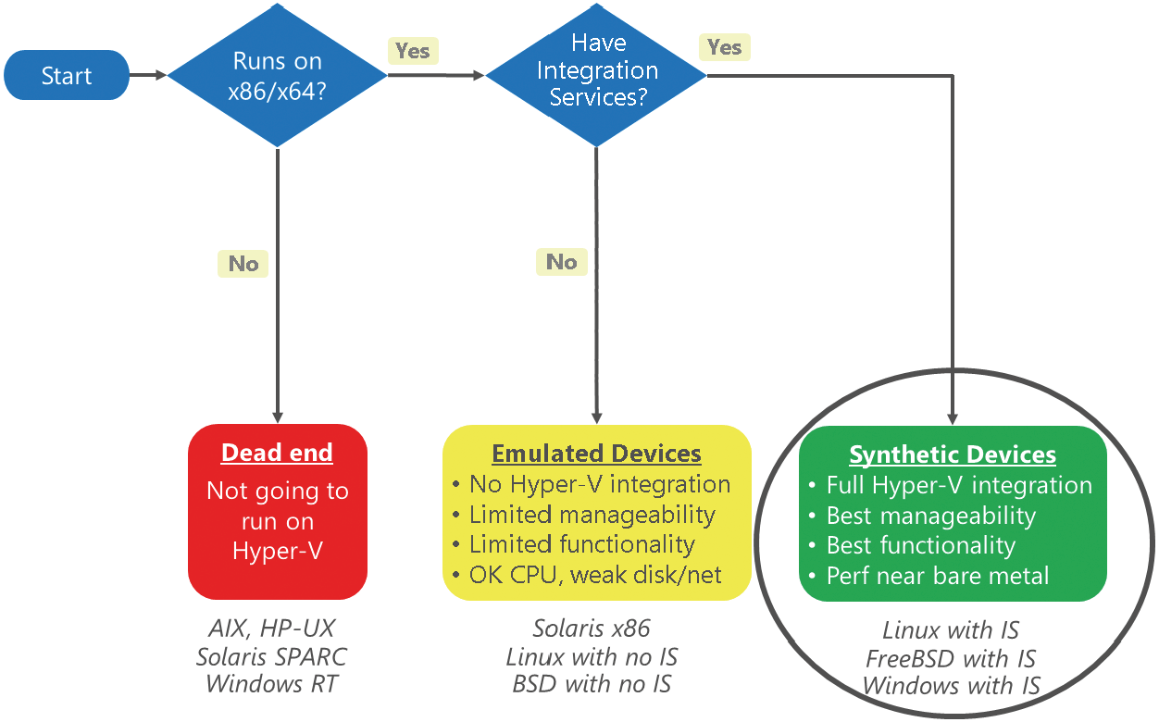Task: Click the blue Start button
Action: point(67,76)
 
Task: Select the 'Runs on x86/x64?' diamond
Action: point(278,76)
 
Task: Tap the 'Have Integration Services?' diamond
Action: point(596,76)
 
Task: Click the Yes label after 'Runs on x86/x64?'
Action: point(413,51)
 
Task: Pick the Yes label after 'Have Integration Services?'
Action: point(724,47)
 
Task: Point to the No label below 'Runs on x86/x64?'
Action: point(243,264)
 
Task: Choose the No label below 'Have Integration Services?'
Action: point(561,262)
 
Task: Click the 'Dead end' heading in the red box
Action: point(277,453)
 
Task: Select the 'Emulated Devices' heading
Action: point(596,454)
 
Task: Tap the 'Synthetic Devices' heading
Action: point(953,455)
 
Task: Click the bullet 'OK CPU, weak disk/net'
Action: point(587,575)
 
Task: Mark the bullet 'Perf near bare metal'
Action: point(929,576)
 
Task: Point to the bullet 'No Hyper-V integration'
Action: point(592,485)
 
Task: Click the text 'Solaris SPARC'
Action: point(271,657)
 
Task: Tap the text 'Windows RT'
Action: point(272,684)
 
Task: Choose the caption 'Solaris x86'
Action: point(592,629)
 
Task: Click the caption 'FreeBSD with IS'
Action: point(951,659)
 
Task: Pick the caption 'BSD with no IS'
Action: point(592,684)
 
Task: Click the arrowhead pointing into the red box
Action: point(278,417)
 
